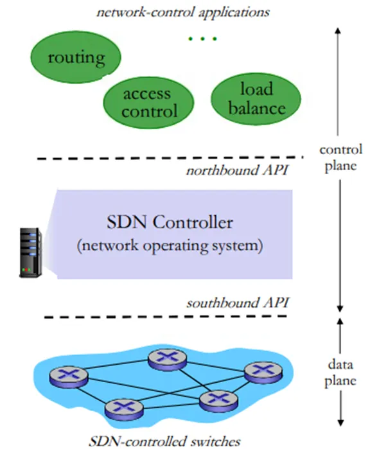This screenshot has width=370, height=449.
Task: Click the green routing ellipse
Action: (76, 57)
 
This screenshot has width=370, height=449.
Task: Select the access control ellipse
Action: (148, 102)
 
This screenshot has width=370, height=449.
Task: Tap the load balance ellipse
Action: (256, 98)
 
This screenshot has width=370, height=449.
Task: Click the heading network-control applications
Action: (183, 12)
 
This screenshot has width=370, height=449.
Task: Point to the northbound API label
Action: (238, 170)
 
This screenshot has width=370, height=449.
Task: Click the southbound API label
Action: (238, 303)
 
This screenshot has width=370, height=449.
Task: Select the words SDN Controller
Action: (170, 222)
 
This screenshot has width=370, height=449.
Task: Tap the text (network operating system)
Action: (170, 245)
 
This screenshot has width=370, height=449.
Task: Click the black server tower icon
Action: (30, 252)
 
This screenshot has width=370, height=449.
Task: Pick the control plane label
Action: (341, 158)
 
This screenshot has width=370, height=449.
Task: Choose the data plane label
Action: (340, 373)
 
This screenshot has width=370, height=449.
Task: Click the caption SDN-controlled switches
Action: (164, 441)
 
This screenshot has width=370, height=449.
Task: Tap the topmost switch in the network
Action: (167, 359)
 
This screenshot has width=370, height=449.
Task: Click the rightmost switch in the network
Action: (263, 371)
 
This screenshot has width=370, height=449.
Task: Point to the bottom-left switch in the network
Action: (124, 409)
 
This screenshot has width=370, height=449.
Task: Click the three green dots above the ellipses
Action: (202, 39)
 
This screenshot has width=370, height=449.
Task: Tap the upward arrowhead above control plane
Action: (338, 31)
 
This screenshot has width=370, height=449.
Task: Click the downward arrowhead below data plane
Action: (340, 423)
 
